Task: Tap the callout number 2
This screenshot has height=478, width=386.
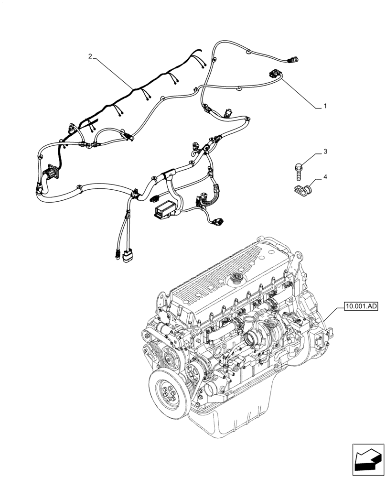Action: click(x=90, y=56)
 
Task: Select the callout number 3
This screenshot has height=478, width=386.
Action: click(x=324, y=152)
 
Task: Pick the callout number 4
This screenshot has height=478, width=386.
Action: click(x=325, y=177)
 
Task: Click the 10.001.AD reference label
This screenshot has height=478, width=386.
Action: click(x=360, y=305)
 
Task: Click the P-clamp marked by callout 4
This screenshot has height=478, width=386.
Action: click(x=300, y=190)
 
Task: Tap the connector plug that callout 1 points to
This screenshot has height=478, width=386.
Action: click(x=273, y=73)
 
